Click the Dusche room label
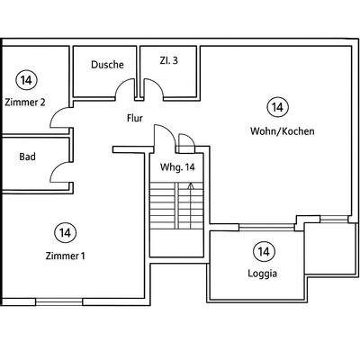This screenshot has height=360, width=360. pyautogui.click(x=107, y=65)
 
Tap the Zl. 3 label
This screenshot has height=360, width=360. pyautogui.click(x=168, y=60)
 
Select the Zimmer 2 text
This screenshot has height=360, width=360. pyautogui.click(x=25, y=103)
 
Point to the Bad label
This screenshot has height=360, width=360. pyautogui.click(x=27, y=157)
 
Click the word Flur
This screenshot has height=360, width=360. pyautogui.click(x=135, y=118)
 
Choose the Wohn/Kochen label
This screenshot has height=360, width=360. pyautogui.click(x=283, y=131)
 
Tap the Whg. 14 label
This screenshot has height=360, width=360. pyautogui.click(x=177, y=167)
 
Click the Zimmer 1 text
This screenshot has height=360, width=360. pyautogui.click(x=66, y=256)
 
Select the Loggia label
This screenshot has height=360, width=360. pyautogui.click(x=263, y=274)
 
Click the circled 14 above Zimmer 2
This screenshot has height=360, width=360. pyautogui.click(x=26, y=80)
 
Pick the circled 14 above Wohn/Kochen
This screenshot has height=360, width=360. pyautogui.click(x=277, y=107)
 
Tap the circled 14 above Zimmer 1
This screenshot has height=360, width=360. pyautogui.click(x=66, y=232)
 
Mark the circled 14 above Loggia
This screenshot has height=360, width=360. pyautogui.click(x=264, y=251)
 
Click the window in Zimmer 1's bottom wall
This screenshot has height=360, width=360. pyautogui.click(x=59, y=301)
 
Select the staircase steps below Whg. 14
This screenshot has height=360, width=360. pyautogui.click(x=176, y=206)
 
